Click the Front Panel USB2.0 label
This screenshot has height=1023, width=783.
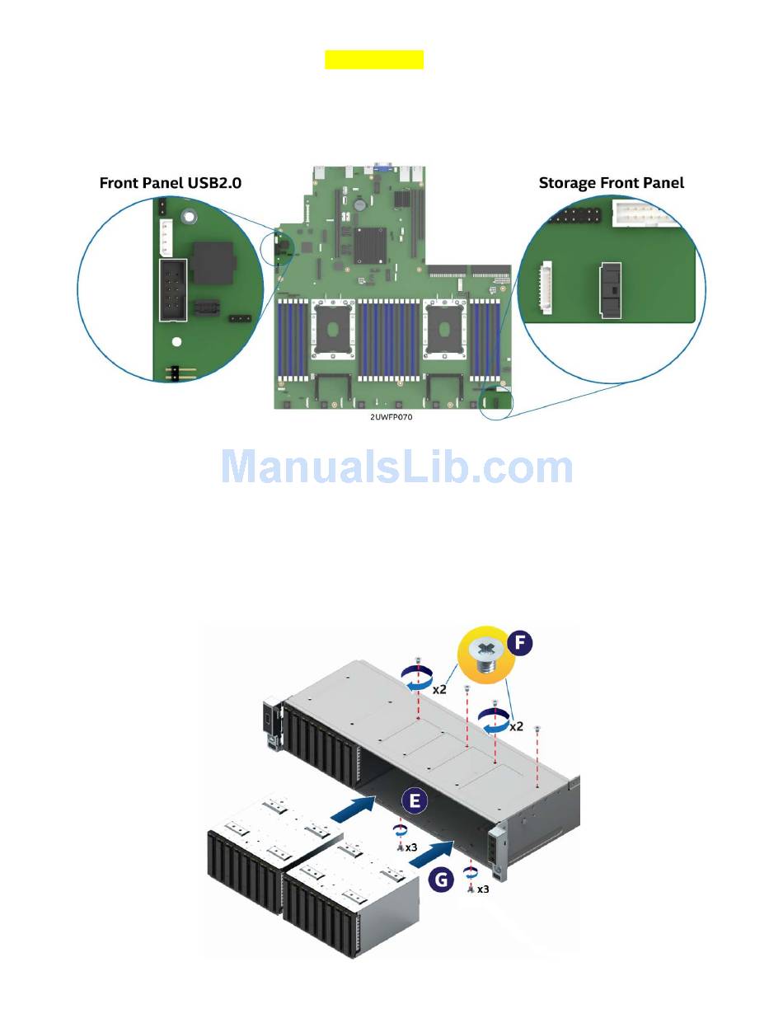(170, 183)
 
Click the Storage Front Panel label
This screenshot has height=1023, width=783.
(611, 183)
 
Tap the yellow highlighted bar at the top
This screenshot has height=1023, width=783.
(373, 59)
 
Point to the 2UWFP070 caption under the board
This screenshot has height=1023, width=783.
(391, 417)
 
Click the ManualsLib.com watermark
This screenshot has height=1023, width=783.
(396, 467)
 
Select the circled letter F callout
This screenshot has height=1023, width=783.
(520, 642)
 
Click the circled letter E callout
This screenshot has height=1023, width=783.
(415, 800)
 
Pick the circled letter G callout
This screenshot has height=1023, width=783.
(443, 880)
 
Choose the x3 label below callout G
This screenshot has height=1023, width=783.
(483, 889)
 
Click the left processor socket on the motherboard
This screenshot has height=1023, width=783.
(333, 327)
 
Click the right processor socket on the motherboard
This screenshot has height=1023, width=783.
(445, 327)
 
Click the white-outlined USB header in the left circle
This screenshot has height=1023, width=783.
(173, 289)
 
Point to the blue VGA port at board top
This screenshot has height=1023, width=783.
(382, 168)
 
